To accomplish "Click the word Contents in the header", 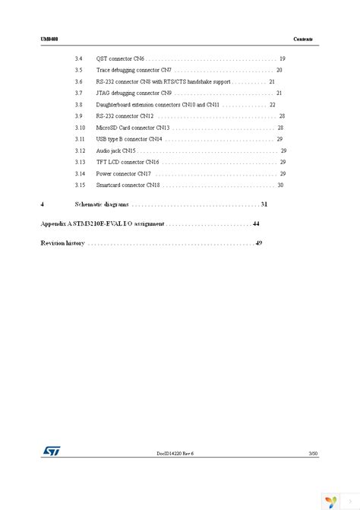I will (x=302, y=39).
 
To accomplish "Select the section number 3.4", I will (x=79, y=59).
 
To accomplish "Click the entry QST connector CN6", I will (x=120, y=59).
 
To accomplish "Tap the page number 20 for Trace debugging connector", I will (x=279, y=70).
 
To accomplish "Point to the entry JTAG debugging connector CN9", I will (x=128, y=93).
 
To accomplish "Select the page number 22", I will (x=272, y=104).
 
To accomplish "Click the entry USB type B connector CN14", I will (x=129, y=139).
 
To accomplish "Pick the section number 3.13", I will (x=80, y=162).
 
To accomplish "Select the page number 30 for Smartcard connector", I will (x=280, y=185).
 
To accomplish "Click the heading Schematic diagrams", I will (x=102, y=204).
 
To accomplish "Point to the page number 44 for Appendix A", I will (x=256, y=224).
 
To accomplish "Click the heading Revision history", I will (x=62, y=243).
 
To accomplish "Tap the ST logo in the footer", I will (x=52, y=450).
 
